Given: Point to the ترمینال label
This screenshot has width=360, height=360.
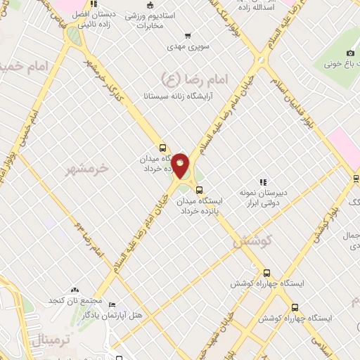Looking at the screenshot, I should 51,340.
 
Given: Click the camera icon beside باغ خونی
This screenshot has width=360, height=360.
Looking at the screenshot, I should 350,53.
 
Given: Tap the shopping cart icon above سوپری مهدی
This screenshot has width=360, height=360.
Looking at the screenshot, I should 186,36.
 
